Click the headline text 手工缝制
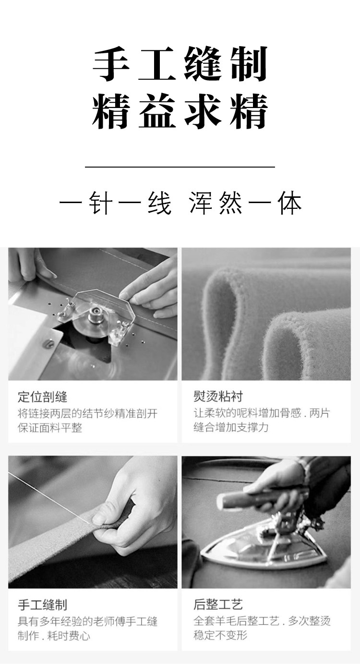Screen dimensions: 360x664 [x=180, y=64]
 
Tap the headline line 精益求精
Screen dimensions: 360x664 [x=180, y=111]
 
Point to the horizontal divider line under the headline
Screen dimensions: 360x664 [x=180, y=167]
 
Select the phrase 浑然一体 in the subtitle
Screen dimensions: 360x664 [x=245, y=203]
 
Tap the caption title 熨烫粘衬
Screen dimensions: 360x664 [x=218, y=397]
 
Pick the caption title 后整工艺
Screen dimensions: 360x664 [x=218, y=604]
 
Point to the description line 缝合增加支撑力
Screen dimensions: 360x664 [x=231, y=427]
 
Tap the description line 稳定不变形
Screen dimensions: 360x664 [x=220, y=635]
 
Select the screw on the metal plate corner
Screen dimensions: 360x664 [x=48, y=344]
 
